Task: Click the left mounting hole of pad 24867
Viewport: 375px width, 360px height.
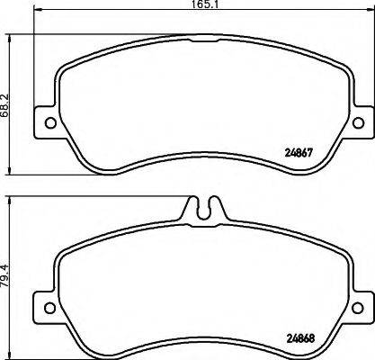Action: pos(50,122)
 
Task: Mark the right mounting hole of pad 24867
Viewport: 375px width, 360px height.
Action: pos(358,122)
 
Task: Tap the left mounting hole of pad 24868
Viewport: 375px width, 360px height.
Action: pos(50,307)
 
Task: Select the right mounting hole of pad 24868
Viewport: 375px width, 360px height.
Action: pos(358,307)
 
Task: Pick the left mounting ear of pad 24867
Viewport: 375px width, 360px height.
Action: pos(47,122)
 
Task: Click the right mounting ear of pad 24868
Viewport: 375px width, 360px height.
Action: pos(360,307)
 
